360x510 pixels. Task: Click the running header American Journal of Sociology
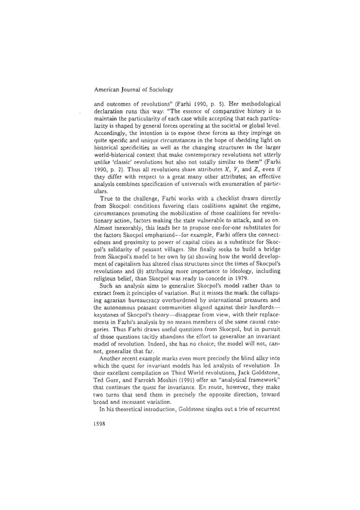pos(126,89)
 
